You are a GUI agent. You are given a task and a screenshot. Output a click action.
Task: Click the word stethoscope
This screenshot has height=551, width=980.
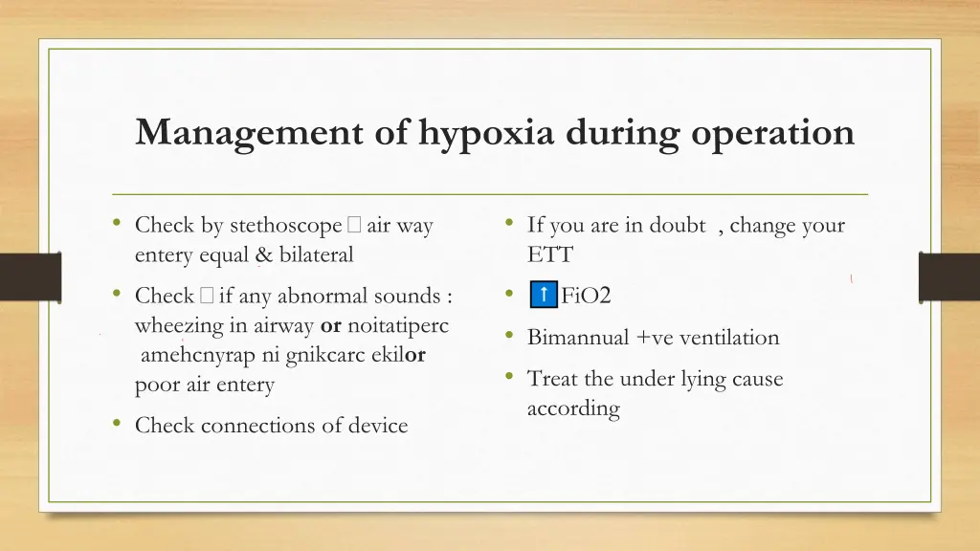(x=285, y=227)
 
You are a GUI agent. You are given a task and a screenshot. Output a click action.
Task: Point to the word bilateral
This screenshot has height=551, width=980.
(x=316, y=255)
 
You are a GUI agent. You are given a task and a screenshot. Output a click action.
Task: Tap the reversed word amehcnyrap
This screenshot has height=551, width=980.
(x=190, y=355)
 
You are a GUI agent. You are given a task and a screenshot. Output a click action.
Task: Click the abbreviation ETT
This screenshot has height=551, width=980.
(x=550, y=255)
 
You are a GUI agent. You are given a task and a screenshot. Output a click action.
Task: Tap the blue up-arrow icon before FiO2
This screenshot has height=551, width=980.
(x=543, y=295)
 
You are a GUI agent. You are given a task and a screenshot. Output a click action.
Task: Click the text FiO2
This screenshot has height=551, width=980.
(x=586, y=296)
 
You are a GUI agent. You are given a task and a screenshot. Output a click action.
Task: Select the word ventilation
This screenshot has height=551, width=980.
(x=728, y=338)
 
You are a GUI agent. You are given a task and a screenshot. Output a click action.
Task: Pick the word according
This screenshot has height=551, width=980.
(x=573, y=409)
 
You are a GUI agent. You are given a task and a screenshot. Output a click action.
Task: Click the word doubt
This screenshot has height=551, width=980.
(x=677, y=226)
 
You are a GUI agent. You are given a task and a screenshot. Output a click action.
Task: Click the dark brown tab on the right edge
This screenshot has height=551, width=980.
(x=948, y=277)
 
